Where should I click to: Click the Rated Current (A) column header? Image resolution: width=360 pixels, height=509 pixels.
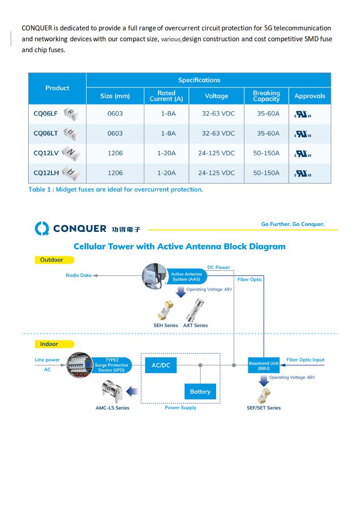click(166, 96)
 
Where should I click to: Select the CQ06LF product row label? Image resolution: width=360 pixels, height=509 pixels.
click(45, 113)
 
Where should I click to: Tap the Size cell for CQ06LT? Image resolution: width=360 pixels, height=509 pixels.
click(115, 133)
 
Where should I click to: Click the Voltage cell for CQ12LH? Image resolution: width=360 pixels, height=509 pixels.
click(216, 173)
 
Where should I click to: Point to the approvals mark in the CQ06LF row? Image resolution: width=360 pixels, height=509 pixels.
click(303, 114)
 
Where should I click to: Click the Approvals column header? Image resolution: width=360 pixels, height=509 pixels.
click(310, 96)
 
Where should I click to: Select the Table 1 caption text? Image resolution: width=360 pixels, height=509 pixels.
click(115, 190)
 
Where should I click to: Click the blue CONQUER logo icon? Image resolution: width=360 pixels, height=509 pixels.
click(42, 228)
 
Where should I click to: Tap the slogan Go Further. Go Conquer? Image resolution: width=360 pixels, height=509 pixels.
click(292, 224)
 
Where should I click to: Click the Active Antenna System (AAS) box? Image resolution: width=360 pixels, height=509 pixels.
click(186, 277)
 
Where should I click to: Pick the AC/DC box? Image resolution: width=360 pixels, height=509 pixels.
click(160, 365)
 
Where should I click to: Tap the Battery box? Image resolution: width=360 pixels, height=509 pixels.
click(200, 392)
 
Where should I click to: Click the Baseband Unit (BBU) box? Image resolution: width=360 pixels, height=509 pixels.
click(264, 366)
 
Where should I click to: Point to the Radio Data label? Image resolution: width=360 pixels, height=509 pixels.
click(79, 275)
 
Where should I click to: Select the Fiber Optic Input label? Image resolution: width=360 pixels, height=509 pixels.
click(305, 360)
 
